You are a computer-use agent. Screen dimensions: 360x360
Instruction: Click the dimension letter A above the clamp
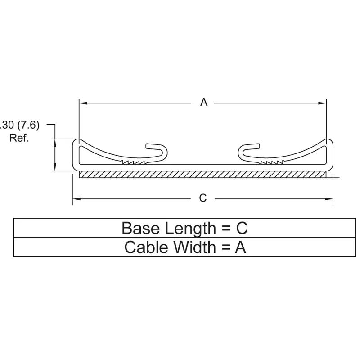pos(204,103)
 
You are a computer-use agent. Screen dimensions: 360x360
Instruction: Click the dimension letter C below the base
pos(203,198)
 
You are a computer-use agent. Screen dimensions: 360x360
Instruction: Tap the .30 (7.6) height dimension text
pos(20,126)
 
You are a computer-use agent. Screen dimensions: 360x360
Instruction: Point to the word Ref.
pos(19,138)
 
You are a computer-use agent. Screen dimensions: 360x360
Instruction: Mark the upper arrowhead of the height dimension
pos(55,141)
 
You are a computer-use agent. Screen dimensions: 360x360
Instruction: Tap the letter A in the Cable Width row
pos(241,247)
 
